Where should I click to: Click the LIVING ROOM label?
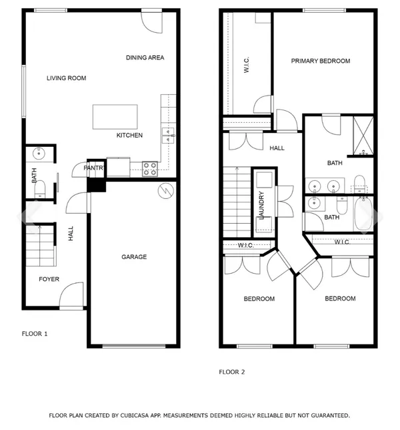pos(66,78)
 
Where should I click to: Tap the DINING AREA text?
pos(145,57)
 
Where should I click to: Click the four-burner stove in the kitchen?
pos(150,168)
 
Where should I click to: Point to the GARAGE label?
pos(133,257)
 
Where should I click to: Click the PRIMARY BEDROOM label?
pos(320,61)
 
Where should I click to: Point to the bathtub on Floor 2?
pos(364,214)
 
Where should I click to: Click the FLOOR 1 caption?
pos(35,333)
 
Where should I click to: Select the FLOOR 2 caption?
pos(232,372)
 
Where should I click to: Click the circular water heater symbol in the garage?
pos(164,191)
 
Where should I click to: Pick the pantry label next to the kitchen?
pos(93,168)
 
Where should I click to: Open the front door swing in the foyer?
pos(72,294)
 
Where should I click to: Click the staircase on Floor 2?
pos(235,200)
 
